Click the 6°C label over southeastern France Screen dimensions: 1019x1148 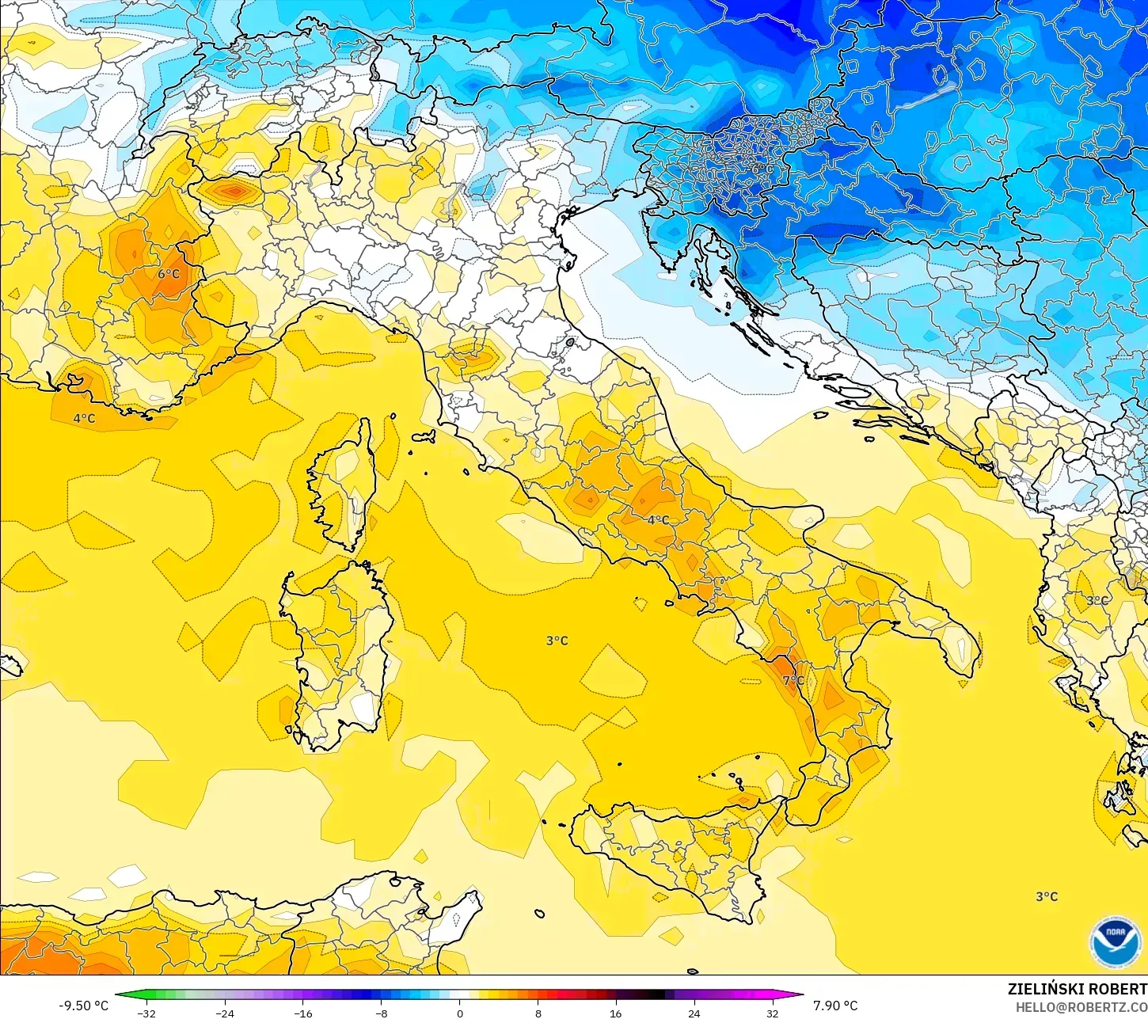169,275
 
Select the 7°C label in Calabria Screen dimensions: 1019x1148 793,680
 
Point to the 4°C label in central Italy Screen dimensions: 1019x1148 658,520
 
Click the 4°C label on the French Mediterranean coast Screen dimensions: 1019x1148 84,418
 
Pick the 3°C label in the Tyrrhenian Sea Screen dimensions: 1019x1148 557,641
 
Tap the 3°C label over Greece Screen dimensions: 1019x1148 1097,601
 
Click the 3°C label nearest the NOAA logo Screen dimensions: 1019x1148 1047,896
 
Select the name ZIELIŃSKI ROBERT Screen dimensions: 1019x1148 1077,989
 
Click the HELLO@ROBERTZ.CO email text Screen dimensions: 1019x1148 1081,1007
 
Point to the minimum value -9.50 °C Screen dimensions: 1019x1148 83,1006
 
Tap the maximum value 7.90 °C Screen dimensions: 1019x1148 835,1006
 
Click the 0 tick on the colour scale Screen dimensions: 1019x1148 459,1013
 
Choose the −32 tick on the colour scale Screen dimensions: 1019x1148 146,1013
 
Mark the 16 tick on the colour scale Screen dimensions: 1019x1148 615,1013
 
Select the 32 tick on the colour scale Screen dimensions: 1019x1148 772,1013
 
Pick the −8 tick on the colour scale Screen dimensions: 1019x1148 381,1013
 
